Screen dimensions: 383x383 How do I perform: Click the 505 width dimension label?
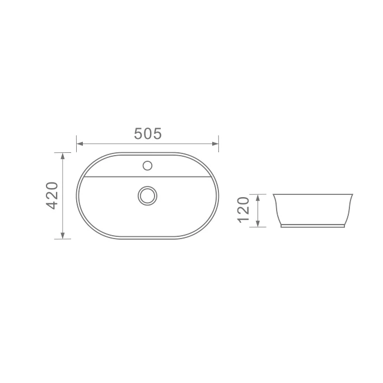tap(148, 134)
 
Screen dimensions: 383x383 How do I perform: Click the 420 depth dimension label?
tap(52, 195)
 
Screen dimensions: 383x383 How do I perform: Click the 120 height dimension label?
tap(243, 210)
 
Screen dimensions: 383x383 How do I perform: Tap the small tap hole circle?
tap(147, 166)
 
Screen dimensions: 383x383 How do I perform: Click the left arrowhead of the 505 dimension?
tap(80, 143)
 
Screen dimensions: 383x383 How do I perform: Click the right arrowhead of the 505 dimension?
tap(215, 143)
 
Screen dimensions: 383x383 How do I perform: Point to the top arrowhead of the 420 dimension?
tap(63, 156)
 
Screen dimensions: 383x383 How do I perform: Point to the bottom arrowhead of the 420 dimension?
tap(63, 235)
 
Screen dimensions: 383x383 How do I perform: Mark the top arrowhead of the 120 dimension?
tap(258, 198)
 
